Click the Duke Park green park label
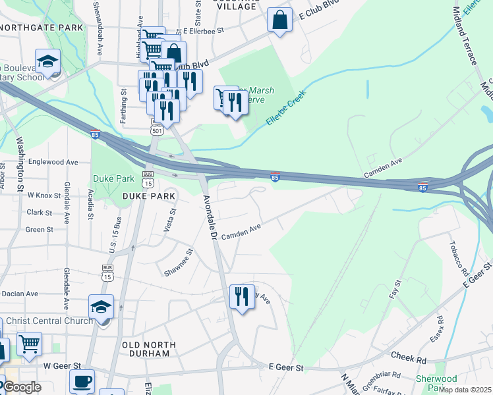[x=113, y=178]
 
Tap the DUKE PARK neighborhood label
[x=149, y=196]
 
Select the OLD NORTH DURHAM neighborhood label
[x=149, y=349]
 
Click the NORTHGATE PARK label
[x=42, y=28]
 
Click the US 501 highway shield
[x=157, y=130]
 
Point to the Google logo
[x=22, y=388]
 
